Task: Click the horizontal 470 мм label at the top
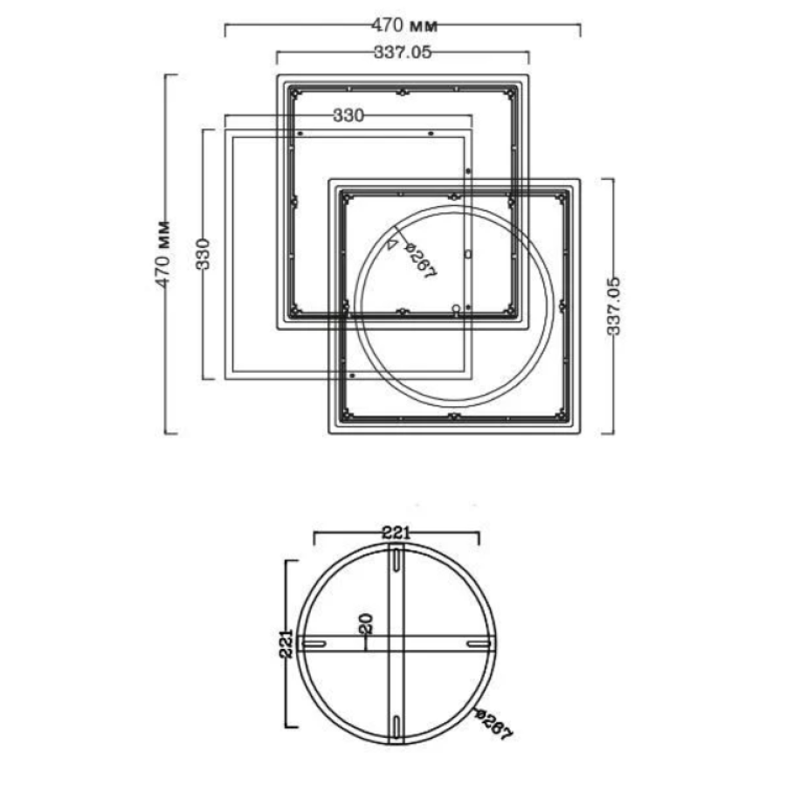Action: click(x=404, y=24)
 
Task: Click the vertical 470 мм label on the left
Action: click(x=163, y=255)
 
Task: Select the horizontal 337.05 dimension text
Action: click(x=403, y=52)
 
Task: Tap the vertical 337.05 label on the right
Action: click(x=614, y=306)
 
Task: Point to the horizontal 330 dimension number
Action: click(x=348, y=116)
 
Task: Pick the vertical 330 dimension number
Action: click(x=203, y=254)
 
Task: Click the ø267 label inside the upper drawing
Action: click(x=421, y=260)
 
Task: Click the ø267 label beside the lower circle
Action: click(x=494, y=725)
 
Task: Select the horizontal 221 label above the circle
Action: click(x=396, y=533)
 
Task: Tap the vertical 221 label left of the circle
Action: click(x=286, y=645)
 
